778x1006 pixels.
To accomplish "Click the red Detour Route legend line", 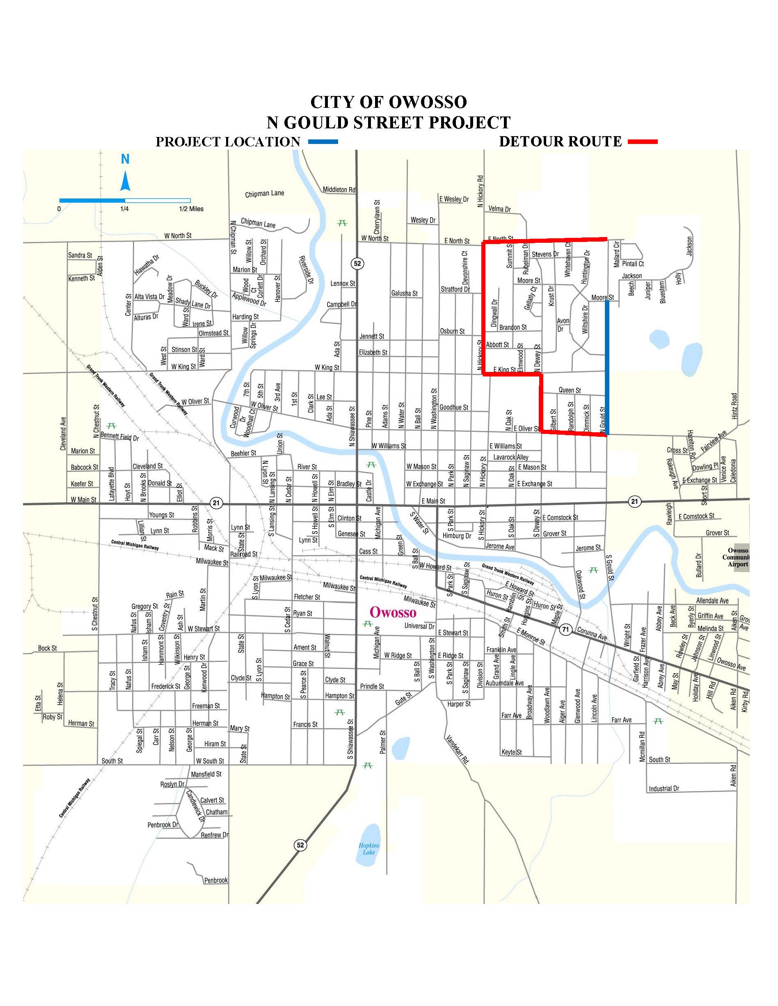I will point(642,142).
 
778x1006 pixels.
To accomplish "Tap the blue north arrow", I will point(125,181).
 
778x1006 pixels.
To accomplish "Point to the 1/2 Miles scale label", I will point(191,209).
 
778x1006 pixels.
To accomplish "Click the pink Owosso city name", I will point(393,612).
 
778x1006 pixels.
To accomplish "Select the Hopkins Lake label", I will point(369,849).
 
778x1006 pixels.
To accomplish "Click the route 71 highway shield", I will point(566,630).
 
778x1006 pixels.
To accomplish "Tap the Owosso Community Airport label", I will point(738,557).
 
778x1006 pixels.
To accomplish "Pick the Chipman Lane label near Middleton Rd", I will point(265,194).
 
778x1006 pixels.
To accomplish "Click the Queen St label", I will point(570,390).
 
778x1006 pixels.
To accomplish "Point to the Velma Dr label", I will point(500,209).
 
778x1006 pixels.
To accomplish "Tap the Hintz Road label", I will point(734,405).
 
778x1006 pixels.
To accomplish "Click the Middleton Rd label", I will point(339,189).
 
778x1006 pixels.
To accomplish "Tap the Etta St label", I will point(38,703).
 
